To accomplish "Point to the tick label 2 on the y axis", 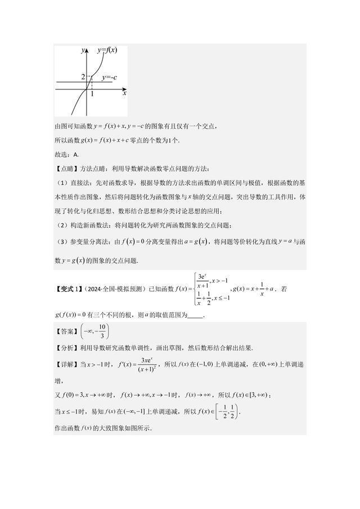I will pos(83,77).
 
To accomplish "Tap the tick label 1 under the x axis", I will pos(92,94).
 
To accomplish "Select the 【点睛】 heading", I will pos(67,169).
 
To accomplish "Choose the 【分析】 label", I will pos(66,348).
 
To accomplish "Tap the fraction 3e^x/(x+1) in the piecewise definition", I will pos(202,282).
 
